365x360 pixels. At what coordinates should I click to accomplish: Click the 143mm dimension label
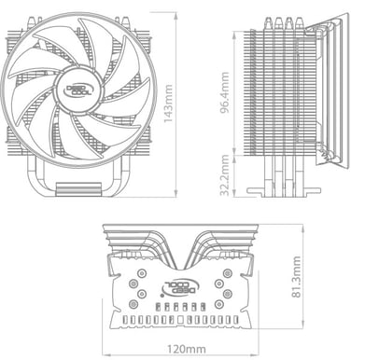[x=168, y=104]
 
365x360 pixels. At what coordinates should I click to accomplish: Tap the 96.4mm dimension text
[x=225, y=92]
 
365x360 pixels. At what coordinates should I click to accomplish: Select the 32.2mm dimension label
[x=225, y=175]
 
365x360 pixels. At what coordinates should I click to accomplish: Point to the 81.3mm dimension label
[x=297, y=277]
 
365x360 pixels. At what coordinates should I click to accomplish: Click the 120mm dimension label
[x=187, y=349]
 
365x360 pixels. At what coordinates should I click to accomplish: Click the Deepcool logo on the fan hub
[x=78, y=90]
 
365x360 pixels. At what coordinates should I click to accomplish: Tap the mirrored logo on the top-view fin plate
[x=181, y=287]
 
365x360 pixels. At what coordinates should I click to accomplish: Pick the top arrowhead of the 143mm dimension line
[x=175, y=15]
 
